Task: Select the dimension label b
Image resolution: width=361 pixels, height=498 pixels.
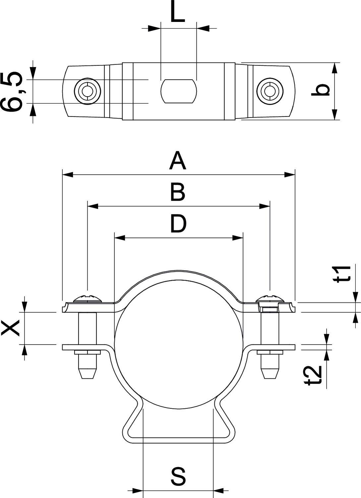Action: coord(321,90)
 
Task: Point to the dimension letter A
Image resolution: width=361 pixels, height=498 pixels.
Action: coord(178,161)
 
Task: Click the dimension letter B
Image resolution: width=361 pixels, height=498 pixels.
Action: coord(178,192)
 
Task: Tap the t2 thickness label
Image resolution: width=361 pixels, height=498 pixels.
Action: coord(313,375)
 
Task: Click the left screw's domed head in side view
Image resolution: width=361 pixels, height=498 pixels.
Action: coord(87,298)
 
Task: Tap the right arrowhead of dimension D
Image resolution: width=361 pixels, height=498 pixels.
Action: coord(238,238)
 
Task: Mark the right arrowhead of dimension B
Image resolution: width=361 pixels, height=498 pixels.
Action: coord(264,207)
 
